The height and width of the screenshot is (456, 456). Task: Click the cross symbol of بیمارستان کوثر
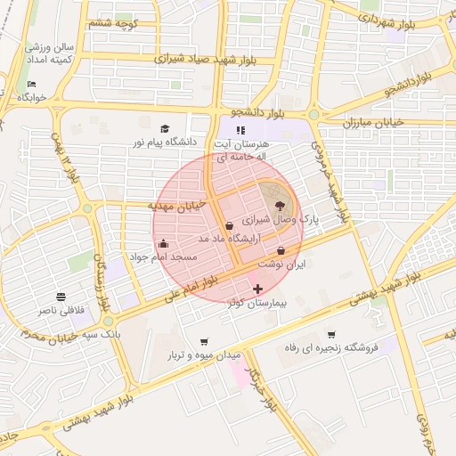257,289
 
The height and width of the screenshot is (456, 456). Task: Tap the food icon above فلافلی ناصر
61,297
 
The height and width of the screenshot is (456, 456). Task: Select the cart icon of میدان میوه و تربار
204,341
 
